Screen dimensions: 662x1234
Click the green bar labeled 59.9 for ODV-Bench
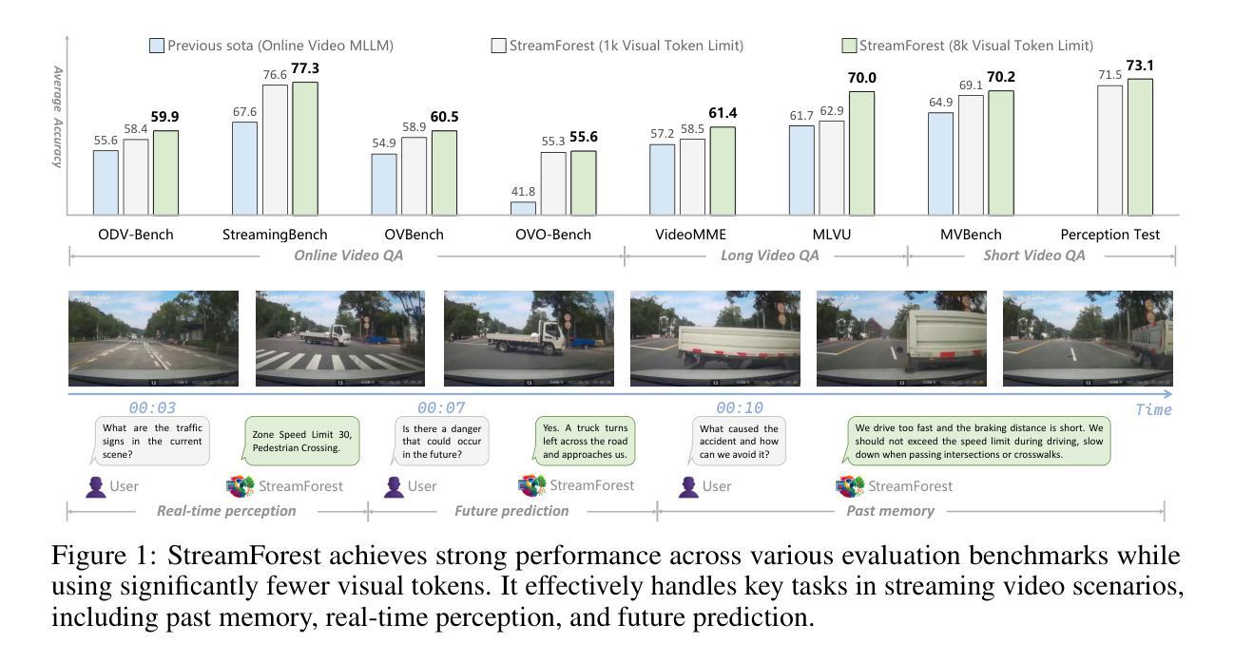pos(165,172)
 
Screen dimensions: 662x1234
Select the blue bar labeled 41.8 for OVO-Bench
pos(523,208)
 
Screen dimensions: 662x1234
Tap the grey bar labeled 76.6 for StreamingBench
pos(275,150)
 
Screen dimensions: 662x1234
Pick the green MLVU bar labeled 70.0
pos(861,153)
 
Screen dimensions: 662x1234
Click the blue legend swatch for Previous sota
pos(157,46)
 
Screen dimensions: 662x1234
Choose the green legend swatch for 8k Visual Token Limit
pos(850,46)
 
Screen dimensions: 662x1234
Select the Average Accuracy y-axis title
pos(57,116)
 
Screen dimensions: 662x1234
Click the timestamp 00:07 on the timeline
pos(441,408)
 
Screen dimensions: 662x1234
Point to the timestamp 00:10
pos(740,408)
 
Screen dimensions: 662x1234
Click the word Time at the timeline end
pos(1153,409)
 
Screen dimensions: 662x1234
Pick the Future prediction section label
pos(511,511)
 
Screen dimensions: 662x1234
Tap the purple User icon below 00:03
pos(95,486)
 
